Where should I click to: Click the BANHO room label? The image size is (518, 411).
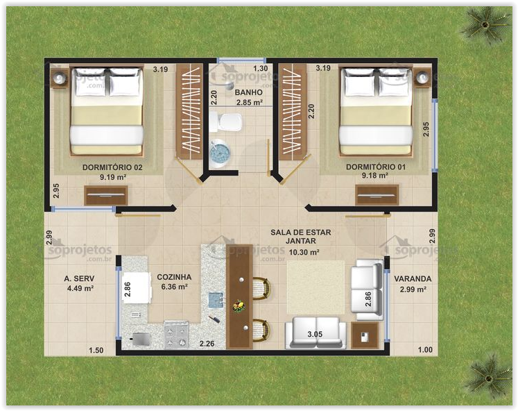248,92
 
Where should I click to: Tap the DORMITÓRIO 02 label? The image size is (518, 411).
112,167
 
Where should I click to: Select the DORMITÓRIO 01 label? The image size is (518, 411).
375,167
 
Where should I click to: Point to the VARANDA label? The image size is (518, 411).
413,279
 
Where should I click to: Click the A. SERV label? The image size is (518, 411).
79,279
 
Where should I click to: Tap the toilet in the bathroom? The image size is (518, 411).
227,123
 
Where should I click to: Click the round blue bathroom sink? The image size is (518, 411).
220,152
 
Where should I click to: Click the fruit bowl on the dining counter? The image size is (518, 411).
239,305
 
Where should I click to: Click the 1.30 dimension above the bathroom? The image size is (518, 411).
260,69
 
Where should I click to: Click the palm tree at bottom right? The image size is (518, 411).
487,376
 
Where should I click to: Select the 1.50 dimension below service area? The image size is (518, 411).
96,351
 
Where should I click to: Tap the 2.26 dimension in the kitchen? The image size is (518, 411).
207,343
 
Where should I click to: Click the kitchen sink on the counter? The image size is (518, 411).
216,300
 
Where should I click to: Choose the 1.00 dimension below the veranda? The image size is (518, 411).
424,351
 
